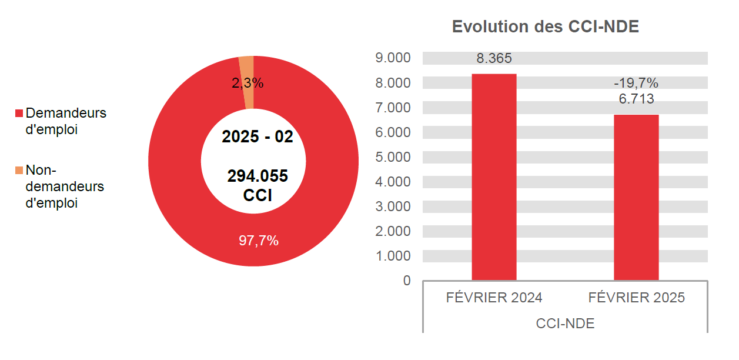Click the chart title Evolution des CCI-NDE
coord(545,27)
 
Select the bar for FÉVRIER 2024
coord(494,176)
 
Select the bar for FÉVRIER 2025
coord(636,197)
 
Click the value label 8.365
coord(494,59)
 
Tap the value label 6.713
coord(636,99)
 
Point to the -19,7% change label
coord(636,83)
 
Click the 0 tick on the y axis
coord(407,281)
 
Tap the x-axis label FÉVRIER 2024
coord(494,298)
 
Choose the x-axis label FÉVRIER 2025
coord(636,298)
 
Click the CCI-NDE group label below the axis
coord(565,324)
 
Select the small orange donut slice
coord(247,71)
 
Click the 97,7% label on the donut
coord(258,241)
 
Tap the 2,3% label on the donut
coord(248,84)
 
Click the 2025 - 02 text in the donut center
coord(257,136)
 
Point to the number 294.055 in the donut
coord(258,176)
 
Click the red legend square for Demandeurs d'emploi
coord(19,113)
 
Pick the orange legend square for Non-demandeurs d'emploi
coord(19,171)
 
